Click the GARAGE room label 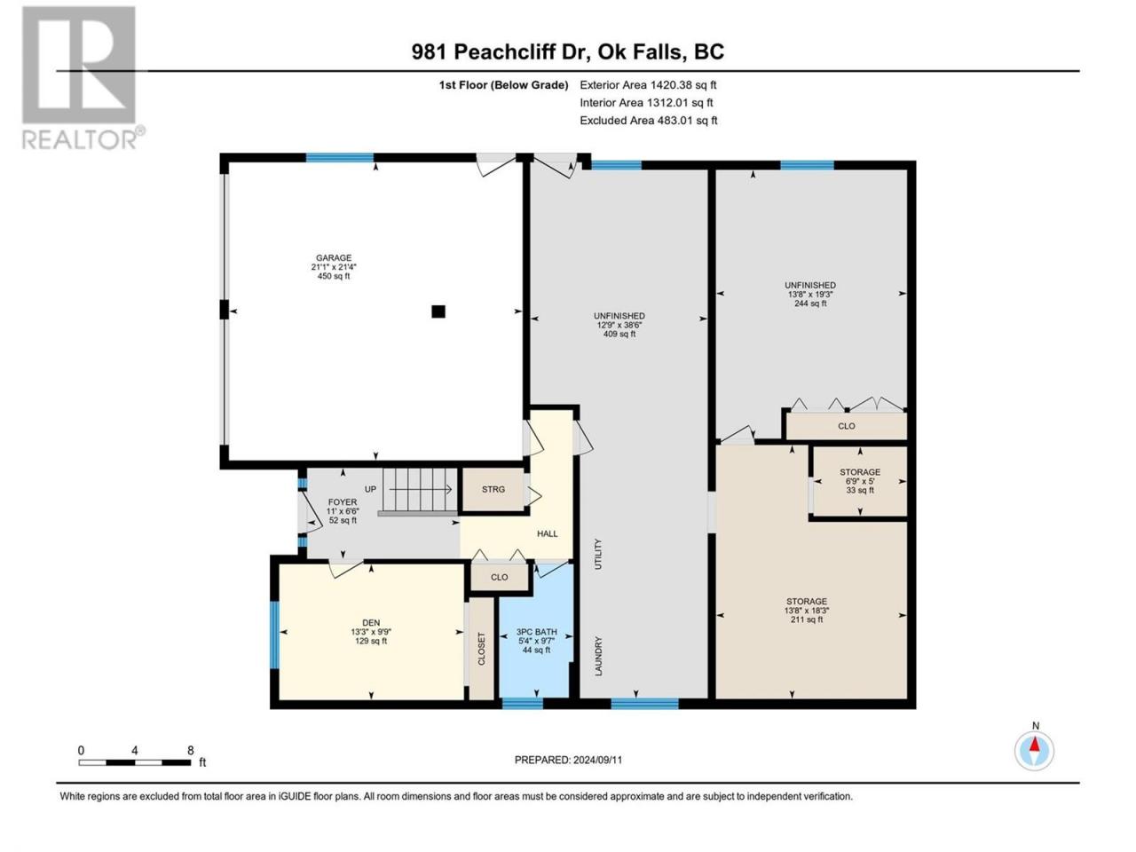[x=334, y=266]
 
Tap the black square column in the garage [x=438, y=311]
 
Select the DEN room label [x=371, y=632]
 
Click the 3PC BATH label [x=536, y=641]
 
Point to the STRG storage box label [x=493, y=489]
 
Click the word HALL [x=547, y=533]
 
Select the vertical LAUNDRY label [x=598, y=656]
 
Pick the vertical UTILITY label [x=598, y=554]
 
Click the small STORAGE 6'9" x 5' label [x=860, y=480]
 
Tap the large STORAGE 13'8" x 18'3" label [x=807, y=610]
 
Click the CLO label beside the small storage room [x=846, y=426]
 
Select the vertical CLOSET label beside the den [x=481, y=649]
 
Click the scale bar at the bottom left [x=135, y=762]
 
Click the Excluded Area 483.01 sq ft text [x=649, y=121]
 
